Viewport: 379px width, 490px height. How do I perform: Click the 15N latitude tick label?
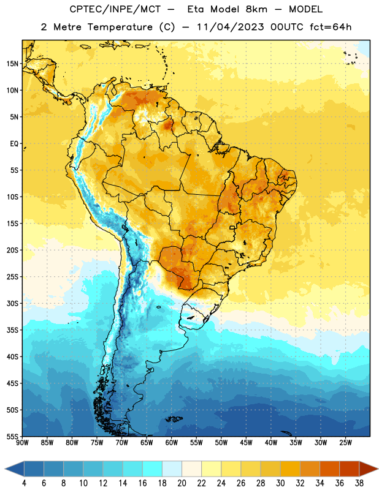(12, 64)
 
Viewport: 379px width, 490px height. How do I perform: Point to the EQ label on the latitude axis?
(14, 144)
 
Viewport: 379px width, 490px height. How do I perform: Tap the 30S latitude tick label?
(12, 303)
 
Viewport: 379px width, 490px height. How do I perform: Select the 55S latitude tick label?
(12, 436)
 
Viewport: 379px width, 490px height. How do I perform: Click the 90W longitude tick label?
(22, 442)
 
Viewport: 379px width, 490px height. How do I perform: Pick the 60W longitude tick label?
(172, 442)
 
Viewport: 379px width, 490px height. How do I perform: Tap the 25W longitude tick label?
(345, 442)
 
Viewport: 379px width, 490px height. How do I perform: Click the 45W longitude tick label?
(246, 442)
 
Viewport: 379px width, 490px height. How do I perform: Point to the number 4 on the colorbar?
(24, 483)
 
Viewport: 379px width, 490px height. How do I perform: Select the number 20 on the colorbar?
(182, 483)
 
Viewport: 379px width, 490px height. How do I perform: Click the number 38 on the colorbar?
(359, 483)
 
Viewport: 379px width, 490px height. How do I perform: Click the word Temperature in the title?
(120, 27)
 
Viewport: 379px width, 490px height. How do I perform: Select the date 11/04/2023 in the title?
(231, 27)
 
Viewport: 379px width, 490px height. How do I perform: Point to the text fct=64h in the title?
(331, 27)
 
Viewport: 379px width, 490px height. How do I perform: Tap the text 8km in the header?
(256, 9)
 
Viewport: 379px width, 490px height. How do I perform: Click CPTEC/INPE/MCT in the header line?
(115, 9)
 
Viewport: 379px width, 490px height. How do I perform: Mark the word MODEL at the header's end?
(305, 9)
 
